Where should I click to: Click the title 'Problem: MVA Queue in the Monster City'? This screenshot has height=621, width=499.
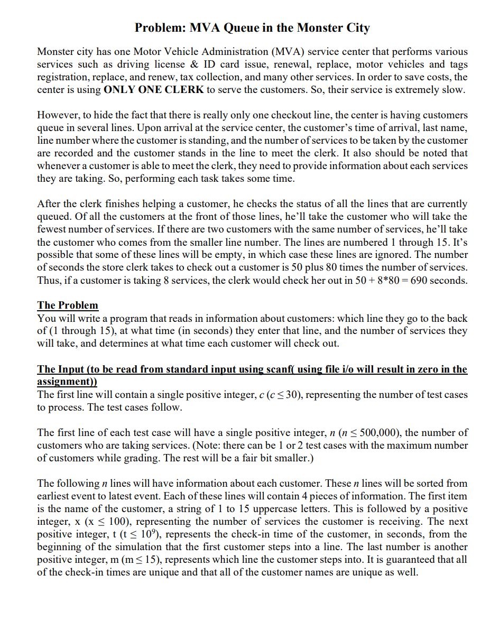coord(252,28)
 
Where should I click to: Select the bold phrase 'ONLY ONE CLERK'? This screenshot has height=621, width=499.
coord(154,90)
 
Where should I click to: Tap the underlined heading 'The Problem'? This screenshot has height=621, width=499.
coord(68,305)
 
